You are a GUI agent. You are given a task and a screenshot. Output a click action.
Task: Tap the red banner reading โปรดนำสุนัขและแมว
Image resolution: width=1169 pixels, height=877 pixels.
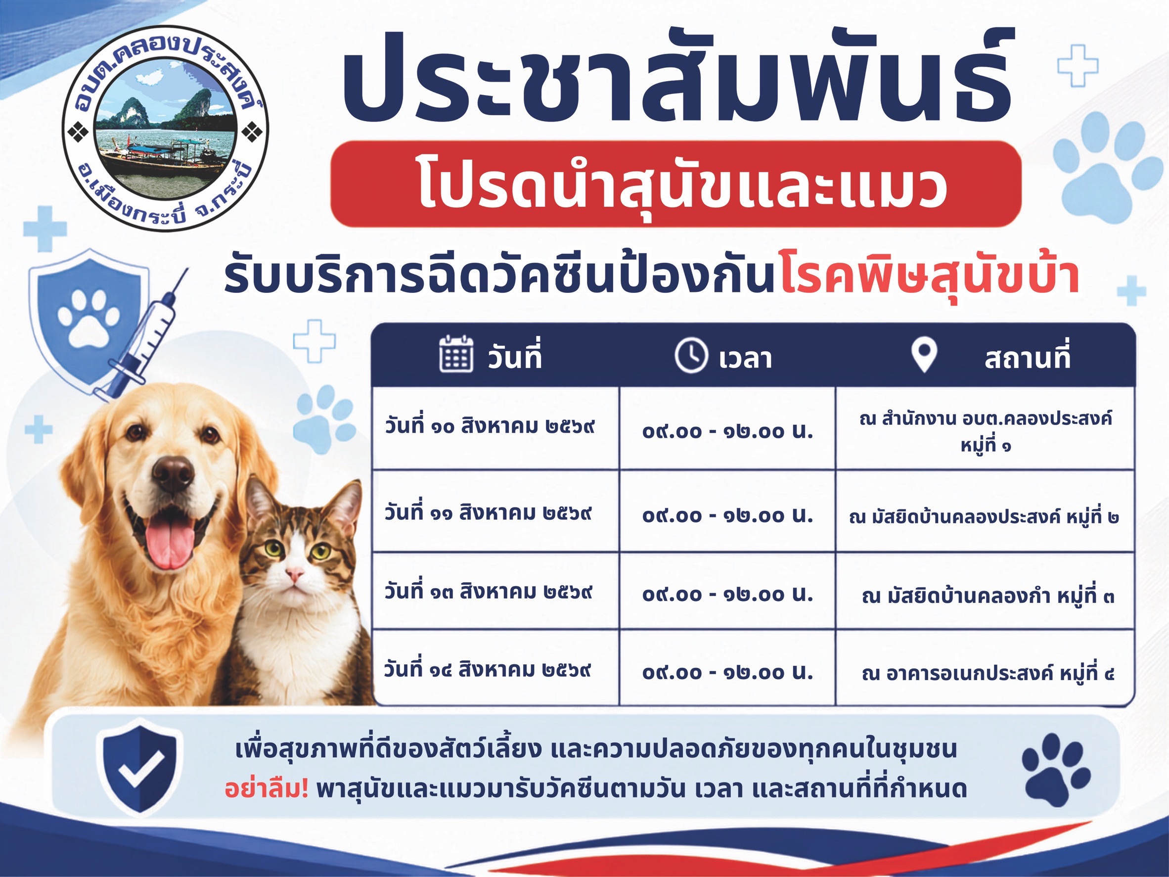(675, 184)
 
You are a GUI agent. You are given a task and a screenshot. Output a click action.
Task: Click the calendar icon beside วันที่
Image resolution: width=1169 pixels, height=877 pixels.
(456, 354)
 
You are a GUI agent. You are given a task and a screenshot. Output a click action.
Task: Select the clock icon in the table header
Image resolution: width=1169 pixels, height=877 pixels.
(691, 356)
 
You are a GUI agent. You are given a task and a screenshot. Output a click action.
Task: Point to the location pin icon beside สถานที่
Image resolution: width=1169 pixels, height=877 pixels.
(924, 355)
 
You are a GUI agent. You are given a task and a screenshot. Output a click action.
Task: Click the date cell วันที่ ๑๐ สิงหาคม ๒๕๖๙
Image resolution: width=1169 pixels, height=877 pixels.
(490, 426)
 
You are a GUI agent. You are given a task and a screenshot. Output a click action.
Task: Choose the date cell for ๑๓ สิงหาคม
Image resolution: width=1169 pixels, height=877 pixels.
(488, 591)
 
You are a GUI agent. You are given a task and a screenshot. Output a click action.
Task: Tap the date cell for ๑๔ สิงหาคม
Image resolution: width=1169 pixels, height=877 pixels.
(487, 669)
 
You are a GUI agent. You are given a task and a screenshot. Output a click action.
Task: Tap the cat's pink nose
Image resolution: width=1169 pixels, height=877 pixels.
(294, 573)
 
